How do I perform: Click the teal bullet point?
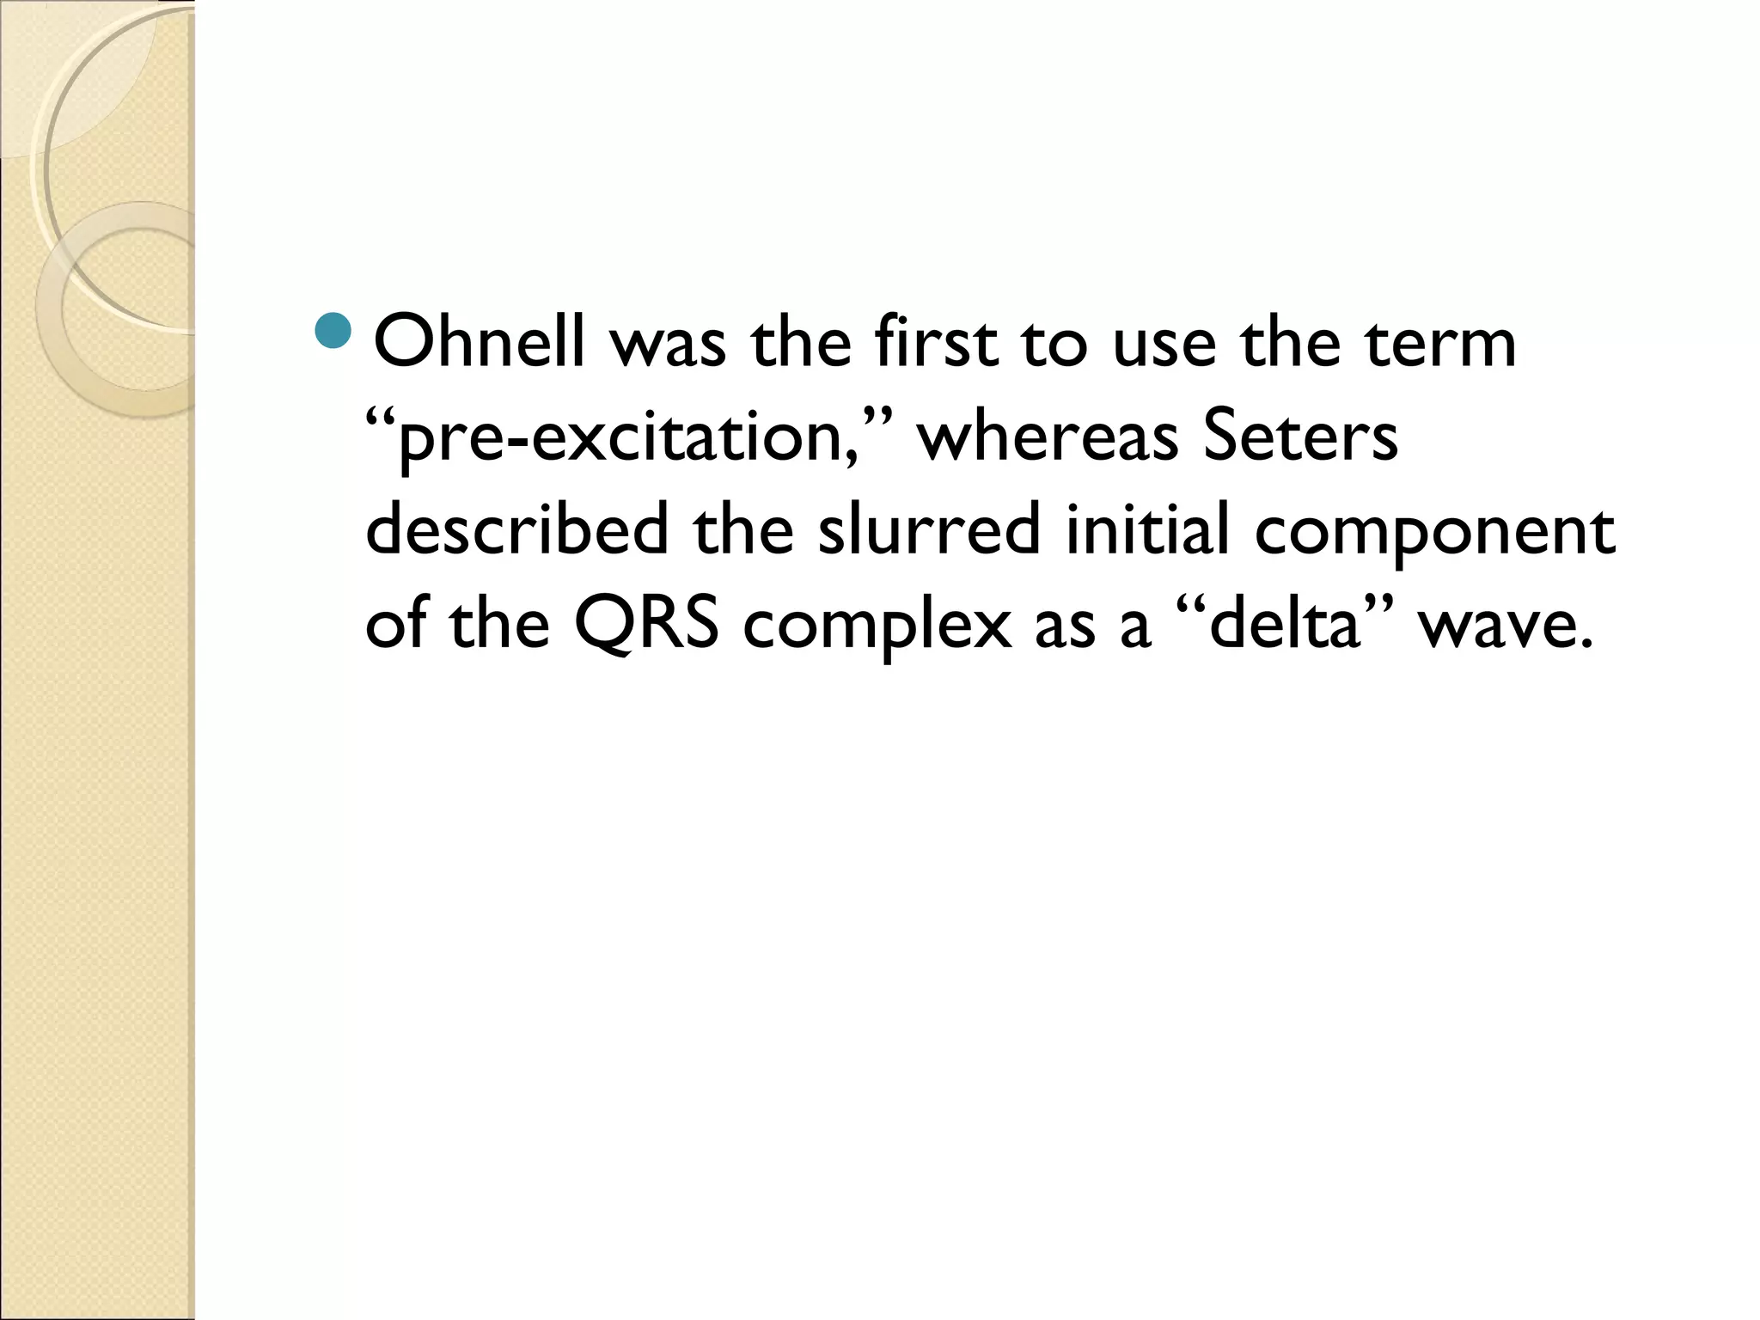point(333,332)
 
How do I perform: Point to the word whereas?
point(1046,437)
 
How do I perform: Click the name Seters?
point(1299,437)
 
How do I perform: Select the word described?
point(516,530)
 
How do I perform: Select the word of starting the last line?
point(395,624)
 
